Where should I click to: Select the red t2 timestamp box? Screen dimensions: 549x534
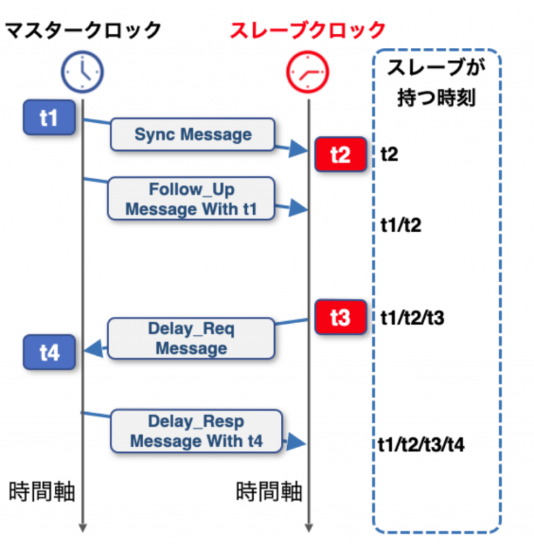tap(340, 154)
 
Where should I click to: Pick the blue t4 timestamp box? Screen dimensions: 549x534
tap(49, 352)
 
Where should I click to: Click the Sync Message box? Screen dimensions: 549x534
tap(193, 134)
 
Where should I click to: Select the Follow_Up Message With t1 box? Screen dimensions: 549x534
tap(191, 199)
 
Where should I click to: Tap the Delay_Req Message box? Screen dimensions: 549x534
tap(191, 338)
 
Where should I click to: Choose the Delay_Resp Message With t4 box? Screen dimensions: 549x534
tap(197, 431)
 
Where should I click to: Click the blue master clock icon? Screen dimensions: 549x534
tap(83, 71)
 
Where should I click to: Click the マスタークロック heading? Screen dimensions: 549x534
tap(83, 30)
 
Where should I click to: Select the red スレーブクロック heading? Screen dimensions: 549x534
tap(307, 30)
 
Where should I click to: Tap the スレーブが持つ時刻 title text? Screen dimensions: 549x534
tap(436, 83)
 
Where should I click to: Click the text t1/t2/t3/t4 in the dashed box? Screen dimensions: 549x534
tap(422, 443)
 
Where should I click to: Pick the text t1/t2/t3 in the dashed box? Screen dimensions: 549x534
tap(412, 318)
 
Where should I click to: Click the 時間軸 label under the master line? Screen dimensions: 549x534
tap(42, 492)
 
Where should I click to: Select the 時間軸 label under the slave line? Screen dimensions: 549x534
tap(269, 492)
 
